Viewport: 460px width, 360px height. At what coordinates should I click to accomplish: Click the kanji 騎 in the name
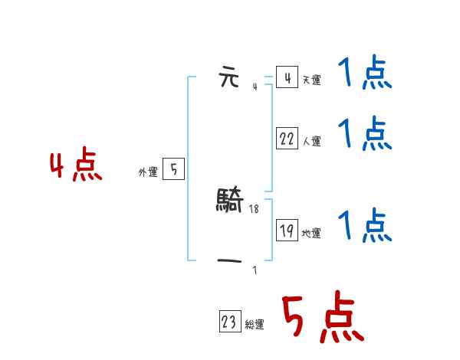click(x=230, y=201)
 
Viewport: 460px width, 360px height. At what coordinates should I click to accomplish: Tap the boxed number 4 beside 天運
click(x=287, y=77)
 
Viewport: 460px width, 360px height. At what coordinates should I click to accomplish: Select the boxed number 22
click(x=287, y=139)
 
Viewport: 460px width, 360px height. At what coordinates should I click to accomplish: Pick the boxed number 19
click(x=287, y=230)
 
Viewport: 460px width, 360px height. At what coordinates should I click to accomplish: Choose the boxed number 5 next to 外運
click(x=173, y=169)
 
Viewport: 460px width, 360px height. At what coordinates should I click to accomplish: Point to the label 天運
click(x=311, y=80)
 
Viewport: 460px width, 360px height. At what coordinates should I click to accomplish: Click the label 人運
click(x=311, y=142)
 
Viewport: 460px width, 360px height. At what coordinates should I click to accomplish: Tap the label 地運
click(x=311, y=234)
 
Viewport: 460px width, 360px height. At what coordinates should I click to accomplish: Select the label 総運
click(x=255, y=325)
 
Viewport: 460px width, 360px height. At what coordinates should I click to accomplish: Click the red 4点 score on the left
click(x=76, y=168)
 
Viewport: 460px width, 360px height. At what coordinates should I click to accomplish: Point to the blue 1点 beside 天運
click(x=365, y=75)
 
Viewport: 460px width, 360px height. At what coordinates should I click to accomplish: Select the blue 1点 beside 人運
click(x=365, y=135)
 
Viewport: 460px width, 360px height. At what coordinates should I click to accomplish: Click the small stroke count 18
click(x=255, y=208)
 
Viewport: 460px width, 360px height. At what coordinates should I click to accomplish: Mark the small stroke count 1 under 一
click(x=255, y=270)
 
